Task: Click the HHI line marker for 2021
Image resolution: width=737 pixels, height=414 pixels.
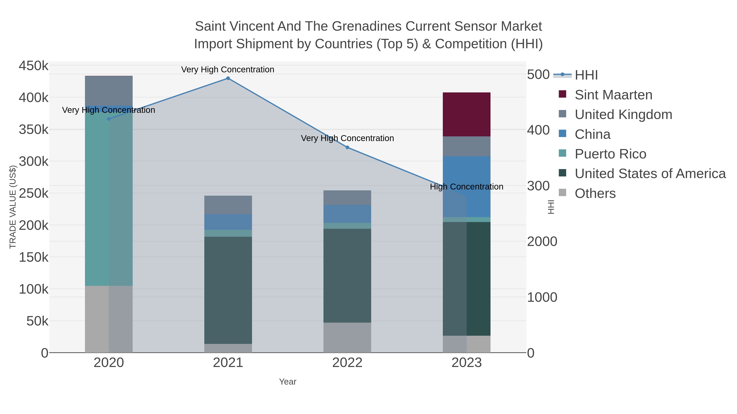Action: coord(228,78)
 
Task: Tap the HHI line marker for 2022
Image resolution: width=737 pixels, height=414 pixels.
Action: coord(347,147)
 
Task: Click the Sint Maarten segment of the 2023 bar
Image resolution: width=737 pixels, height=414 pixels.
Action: coord(467,114)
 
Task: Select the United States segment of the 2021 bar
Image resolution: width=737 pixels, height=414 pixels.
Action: coord(228,290)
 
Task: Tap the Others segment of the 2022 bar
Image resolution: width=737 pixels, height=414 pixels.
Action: coord(347,337)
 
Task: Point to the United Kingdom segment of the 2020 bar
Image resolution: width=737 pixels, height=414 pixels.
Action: coord(109,91)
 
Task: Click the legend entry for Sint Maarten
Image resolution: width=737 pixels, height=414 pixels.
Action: coord(613,95)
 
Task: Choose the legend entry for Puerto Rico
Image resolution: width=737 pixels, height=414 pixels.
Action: coord(610,154)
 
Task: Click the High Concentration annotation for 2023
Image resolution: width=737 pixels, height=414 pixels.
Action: coord(466,187)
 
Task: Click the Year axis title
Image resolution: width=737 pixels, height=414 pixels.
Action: coord(288,382)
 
